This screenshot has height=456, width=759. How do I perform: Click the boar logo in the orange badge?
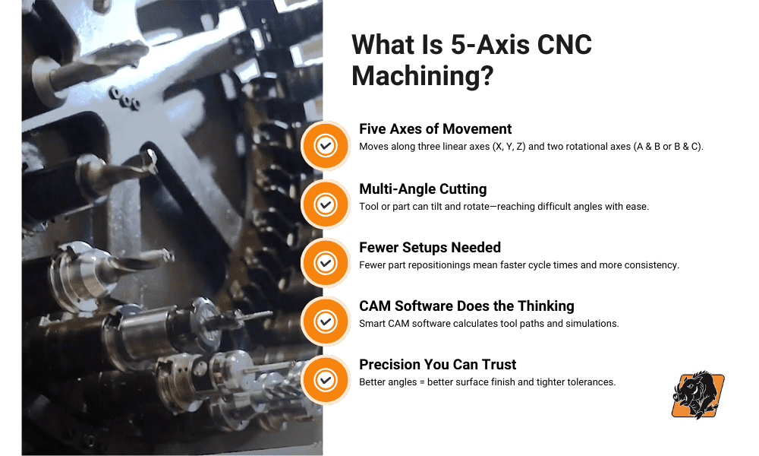[698, 395]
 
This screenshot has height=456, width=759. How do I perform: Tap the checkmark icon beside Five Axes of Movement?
[325, 145]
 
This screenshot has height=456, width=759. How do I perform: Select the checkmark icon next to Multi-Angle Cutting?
[325, 204]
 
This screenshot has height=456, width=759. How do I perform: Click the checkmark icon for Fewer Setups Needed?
[325, 263]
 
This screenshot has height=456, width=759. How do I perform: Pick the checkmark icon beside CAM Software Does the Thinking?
[325, 321]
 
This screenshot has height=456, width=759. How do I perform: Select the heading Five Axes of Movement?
[435, 129]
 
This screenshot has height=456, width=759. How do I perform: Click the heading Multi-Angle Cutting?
[423, 189]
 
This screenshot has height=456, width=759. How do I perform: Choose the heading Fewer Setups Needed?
[430, 248]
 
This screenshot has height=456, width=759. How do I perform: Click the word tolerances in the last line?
[588, 382]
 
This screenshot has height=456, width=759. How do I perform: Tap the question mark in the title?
[487, 76]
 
